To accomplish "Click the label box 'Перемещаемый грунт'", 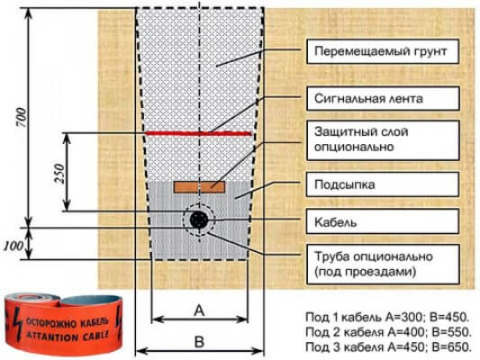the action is [383, 51].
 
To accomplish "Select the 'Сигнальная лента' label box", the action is [383, 98].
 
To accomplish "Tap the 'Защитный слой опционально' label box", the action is [383, 140].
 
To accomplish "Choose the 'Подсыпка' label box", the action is [383, 184].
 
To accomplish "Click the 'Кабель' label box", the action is [383, 221].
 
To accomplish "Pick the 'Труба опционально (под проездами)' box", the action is [383, 265].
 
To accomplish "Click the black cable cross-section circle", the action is [199, 220].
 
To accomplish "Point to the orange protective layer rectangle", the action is [199, 187].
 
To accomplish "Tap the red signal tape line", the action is [198, 133].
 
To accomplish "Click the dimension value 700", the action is [22, 118].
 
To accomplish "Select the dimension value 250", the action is [59, 174].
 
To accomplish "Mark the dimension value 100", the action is [14, 246].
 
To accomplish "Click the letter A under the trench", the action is [199, 310].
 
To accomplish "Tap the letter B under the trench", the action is [199, 341].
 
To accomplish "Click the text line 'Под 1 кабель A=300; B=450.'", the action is [387, 317].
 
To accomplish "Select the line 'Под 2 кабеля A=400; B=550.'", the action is [388, 332].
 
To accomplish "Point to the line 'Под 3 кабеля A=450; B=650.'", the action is [388, 346].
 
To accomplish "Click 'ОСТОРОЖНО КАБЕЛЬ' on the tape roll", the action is [68, 322].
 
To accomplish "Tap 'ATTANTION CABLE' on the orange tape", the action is [68, 336].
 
